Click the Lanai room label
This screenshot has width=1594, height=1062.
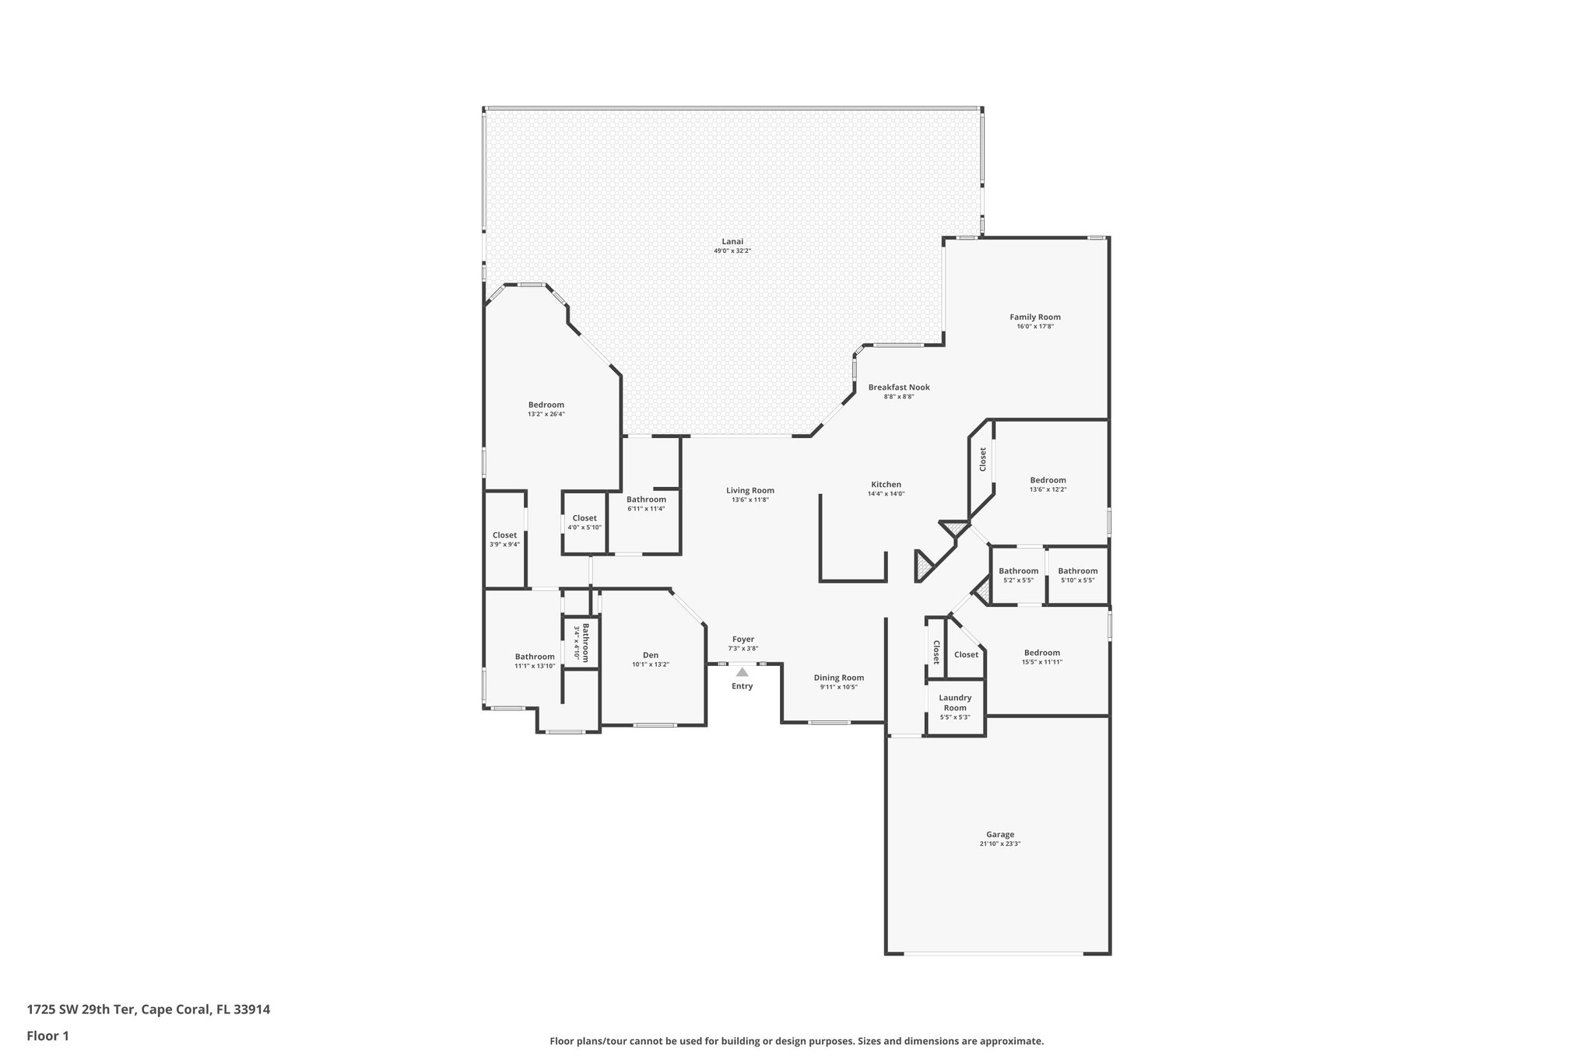[x=732, y=241]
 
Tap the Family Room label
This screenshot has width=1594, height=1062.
[x=1035, y=317]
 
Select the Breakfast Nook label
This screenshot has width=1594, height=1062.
[x=899, y=387]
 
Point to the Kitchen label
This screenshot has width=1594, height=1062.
[x=886, y=485]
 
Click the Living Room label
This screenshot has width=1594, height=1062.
[x=750, y=491]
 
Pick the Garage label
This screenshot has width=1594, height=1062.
[x=1000, y=835]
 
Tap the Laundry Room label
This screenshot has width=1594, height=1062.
[x=955, y=703]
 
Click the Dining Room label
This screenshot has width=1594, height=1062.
[x=839, y=678]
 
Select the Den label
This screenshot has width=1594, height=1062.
[x=651, y=655]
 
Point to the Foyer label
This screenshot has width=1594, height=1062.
[x=743, y=640]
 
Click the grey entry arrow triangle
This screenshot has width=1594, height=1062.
[x=743, y=671]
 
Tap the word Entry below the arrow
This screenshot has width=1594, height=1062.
[x=743, y=686]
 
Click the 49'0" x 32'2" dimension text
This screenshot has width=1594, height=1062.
[x=732, y=251]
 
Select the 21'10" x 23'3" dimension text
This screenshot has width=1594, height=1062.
[x=1000, y=844]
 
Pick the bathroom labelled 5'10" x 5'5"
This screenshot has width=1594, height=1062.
[x=1078, y=575]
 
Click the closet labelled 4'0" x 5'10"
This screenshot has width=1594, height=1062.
[x=585, y=522]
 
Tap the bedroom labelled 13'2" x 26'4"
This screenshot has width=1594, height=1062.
[x=546, y=408]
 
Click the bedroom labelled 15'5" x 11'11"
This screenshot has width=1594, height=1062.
[x=1042, y=657]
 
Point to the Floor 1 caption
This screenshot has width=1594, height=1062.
[x=48, y=1036]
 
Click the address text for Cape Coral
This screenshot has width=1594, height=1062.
[x=149, y=1010]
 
